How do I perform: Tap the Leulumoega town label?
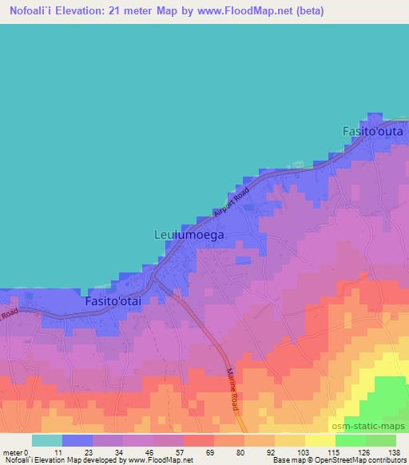(x=189, y=236)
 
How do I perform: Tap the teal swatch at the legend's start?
(x=47, y=440)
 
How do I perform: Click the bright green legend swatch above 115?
(x=350, y=440)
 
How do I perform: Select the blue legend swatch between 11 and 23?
(x=77, y=440)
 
